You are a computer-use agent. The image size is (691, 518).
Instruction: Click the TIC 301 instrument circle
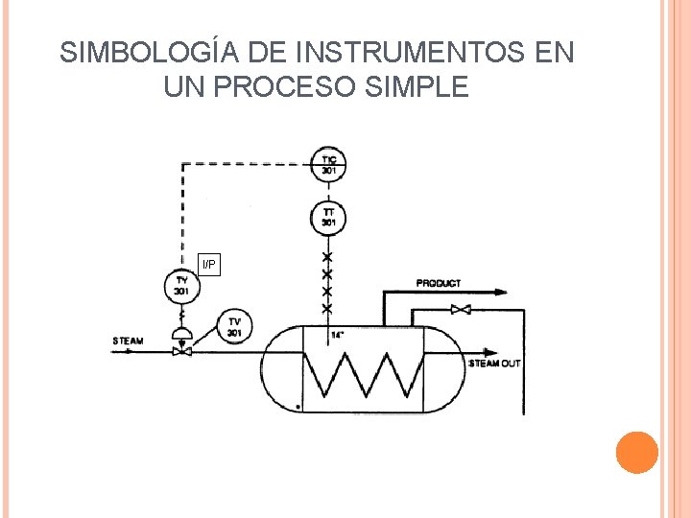(328, 164)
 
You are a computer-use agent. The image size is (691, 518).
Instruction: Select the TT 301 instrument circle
(328, 217)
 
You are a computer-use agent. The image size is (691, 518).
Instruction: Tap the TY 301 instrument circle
(179, 285)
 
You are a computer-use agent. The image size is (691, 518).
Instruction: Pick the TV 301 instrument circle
(234, 325)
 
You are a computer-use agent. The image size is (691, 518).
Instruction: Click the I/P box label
(209, 264)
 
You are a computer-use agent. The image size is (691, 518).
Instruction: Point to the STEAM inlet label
(128, 341)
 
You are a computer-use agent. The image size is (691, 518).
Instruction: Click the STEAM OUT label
(494, 364)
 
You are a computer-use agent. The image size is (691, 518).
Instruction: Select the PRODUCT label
(439, 283)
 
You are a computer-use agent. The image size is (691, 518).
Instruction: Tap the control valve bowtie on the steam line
(179, 351)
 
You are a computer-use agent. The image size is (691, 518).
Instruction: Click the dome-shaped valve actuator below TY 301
(179, 333)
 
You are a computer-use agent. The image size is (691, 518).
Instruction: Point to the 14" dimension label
(337, 335)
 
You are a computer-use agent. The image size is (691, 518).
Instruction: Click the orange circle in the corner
(636, 453)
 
